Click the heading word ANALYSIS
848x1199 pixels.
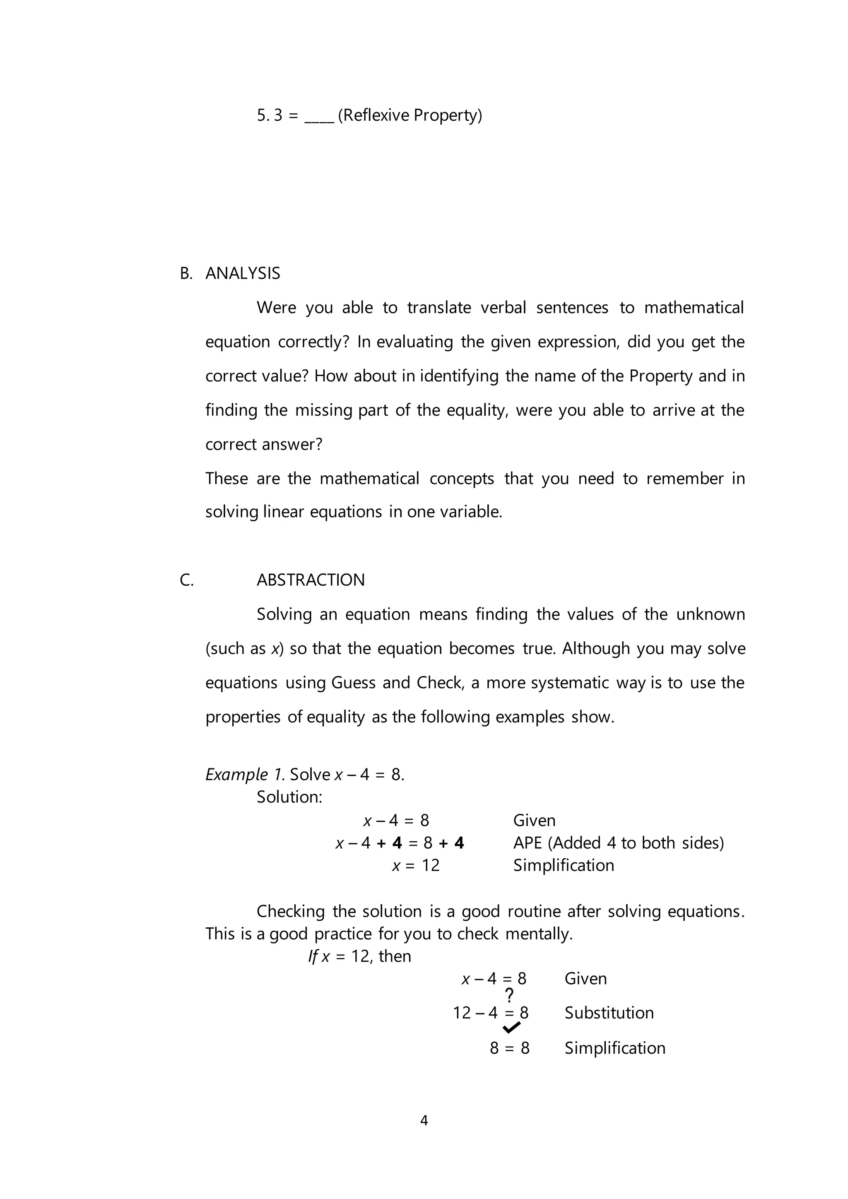[242, 273]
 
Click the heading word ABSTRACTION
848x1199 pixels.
[310, 580]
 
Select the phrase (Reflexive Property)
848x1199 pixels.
[410, 115]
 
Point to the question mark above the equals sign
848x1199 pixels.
[510, 994]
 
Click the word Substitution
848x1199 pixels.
[609, 1013]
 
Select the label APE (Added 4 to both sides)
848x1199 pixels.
[618, 843]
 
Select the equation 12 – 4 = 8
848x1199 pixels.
[490, 1013]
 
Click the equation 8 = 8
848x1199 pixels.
[509, 1047]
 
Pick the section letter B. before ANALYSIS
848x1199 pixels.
[186, 273]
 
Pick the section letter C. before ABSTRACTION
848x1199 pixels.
[186, 580]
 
